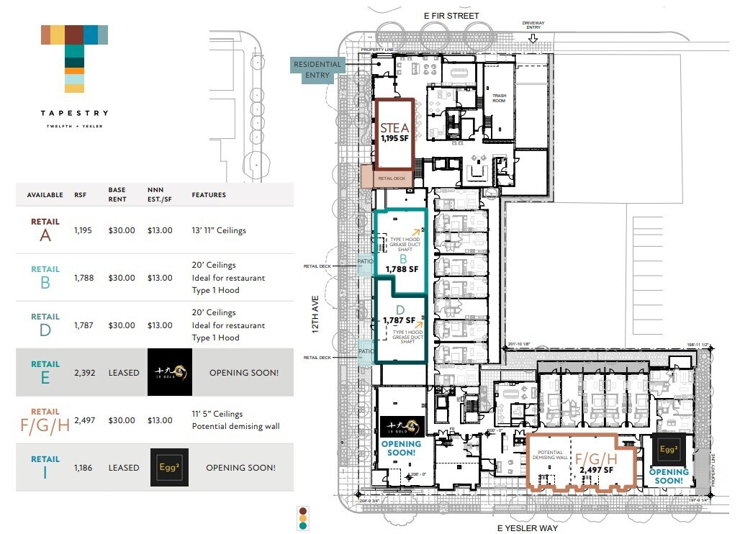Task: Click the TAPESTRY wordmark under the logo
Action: tap(75, 113)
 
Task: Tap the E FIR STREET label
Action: tap(451, 16)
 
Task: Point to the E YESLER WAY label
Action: tap(528, 528)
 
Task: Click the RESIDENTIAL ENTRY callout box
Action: tap(317, 69)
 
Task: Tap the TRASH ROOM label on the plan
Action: tap(500, 98)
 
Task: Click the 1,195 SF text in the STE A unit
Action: tap(394, 138)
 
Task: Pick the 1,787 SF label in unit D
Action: tap(400, 320)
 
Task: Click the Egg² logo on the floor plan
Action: tap(669, 450)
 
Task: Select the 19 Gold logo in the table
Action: tap(169, 372)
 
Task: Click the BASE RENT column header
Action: tap(117, 194)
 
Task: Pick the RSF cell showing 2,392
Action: tap(84, 373)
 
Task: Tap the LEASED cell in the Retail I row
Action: tap(123, 468)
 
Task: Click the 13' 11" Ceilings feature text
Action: tap(219, 230)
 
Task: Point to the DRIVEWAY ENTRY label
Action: tap(533, 25)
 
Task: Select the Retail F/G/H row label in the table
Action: tap(45, 420)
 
